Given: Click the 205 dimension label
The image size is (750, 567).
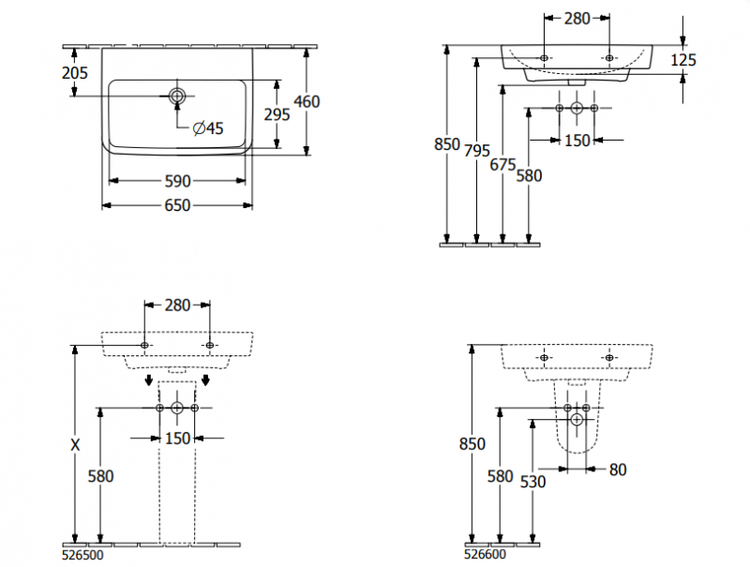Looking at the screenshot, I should click(x=75, y=73).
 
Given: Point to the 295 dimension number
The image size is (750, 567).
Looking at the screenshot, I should click(x=277, y=113).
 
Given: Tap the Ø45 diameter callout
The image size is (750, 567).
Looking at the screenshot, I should click(x=208, y=128).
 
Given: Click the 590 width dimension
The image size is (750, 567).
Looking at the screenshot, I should click(x=178, y=181).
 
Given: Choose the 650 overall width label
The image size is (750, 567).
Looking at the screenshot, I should click(x=178, y=205).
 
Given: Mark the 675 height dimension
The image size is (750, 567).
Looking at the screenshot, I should click(x=503, y=164).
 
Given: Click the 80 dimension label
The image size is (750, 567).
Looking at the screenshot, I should click(x=617, y=470).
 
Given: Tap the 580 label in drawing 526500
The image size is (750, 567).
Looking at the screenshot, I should click(x=100, y=476).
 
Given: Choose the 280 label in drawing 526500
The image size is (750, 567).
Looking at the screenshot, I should click(x=177, y=305).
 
